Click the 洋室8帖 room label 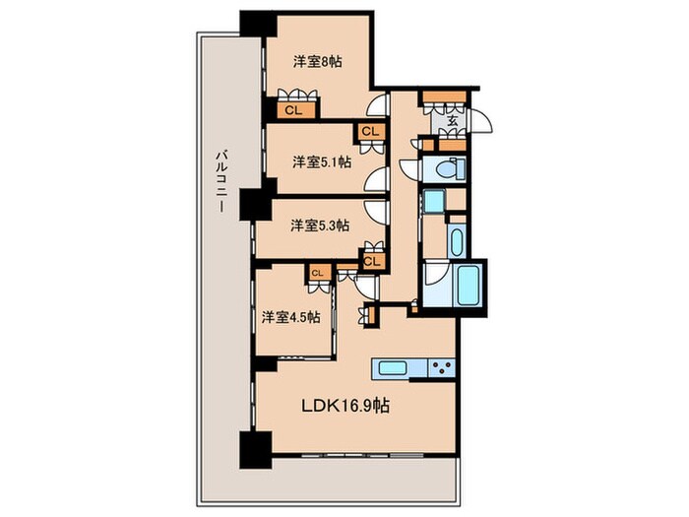coord(318,61)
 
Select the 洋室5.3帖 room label coord(319,226)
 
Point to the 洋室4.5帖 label coord(290,317)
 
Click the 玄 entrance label coord(452,121)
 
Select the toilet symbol coord(441,168)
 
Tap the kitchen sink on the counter coord(392,368)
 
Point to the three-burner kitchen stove coord(440,368)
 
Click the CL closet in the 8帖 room coord(292,110)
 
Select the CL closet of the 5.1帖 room coord(371,130)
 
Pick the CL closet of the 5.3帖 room coord(371,261)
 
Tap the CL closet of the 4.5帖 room coord(318,273)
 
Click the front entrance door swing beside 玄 coord(479,122)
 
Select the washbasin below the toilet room coord(433,204)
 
